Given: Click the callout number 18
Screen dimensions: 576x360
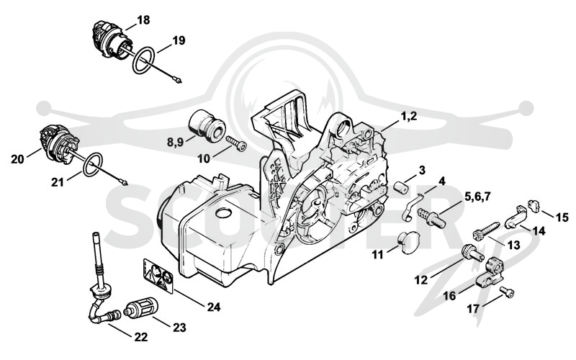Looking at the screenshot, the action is [x=143, y=20].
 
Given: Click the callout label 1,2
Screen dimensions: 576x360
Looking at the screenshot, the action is [x=408, y=116].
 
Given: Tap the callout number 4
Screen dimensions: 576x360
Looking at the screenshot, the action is [x=442, y=181].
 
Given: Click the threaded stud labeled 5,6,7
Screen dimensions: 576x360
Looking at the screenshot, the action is [x=432, y=217].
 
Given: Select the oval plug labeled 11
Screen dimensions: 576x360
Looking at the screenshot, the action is [x=408, y=243].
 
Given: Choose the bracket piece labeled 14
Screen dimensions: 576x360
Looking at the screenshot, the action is [x=517, y=216].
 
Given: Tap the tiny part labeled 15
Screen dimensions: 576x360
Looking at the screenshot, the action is [x=534, y=206].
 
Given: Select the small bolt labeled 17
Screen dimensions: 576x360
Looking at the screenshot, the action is [x=508, y=292].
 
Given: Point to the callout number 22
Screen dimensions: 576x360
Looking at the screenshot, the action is [x=140, y=337].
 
